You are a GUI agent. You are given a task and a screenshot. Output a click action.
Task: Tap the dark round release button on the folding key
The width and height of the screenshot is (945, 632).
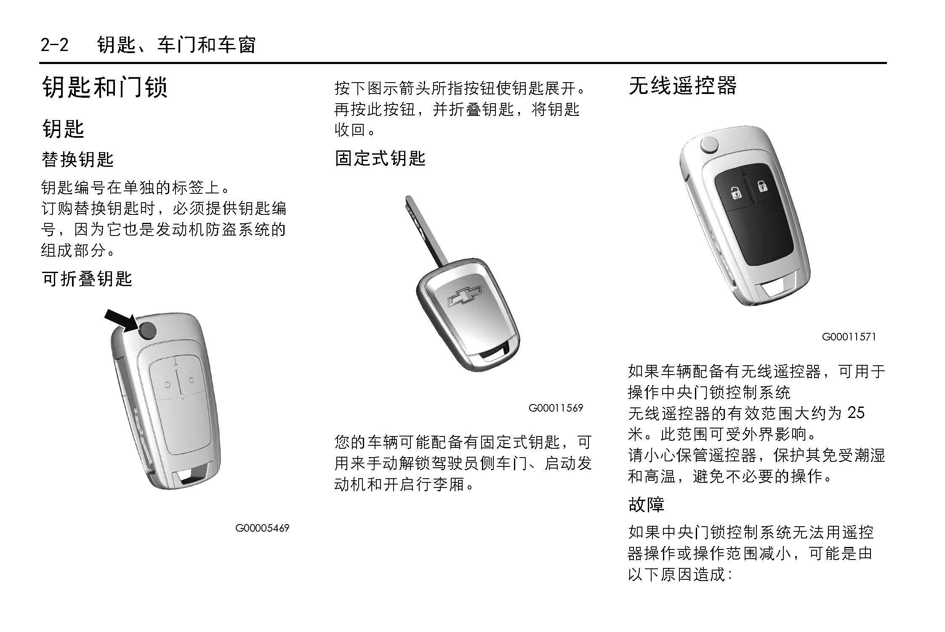pos(146,331)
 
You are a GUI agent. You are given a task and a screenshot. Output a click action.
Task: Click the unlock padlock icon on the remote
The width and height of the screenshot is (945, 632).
pos(735,192)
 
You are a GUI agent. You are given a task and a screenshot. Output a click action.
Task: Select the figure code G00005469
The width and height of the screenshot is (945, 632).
pos(262,528)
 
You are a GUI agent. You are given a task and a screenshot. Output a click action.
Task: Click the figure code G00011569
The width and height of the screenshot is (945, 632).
pos(556,408)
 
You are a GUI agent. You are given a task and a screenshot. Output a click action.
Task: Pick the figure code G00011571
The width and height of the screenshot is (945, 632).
pos(849,337)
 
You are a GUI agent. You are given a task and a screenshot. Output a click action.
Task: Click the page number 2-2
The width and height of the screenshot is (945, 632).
pos(54,45)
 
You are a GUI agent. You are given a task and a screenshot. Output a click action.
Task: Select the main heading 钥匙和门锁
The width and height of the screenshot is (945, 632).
pos(105,87)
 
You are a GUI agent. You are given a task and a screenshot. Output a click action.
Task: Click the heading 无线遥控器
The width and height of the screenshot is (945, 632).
pos(682,86)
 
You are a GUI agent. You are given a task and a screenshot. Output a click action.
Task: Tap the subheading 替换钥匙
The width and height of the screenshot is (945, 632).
pos(78,159)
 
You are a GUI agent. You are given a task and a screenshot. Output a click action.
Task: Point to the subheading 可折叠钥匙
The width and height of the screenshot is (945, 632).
pos(87,279)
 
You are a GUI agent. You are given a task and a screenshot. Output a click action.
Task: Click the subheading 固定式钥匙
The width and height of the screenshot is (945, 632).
pos(380,158)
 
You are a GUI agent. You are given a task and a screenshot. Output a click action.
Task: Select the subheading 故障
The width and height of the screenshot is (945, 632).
pos(646,504)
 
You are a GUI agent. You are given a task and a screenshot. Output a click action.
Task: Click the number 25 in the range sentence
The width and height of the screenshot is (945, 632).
pos(856,413)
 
